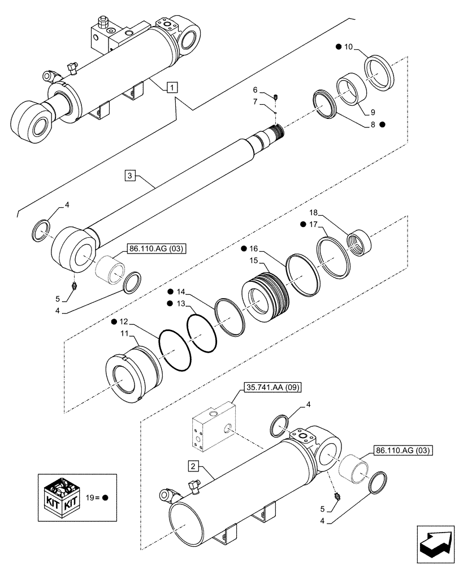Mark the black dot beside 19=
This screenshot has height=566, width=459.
(x=105, y=499)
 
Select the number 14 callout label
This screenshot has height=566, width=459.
(x=180, y=292)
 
